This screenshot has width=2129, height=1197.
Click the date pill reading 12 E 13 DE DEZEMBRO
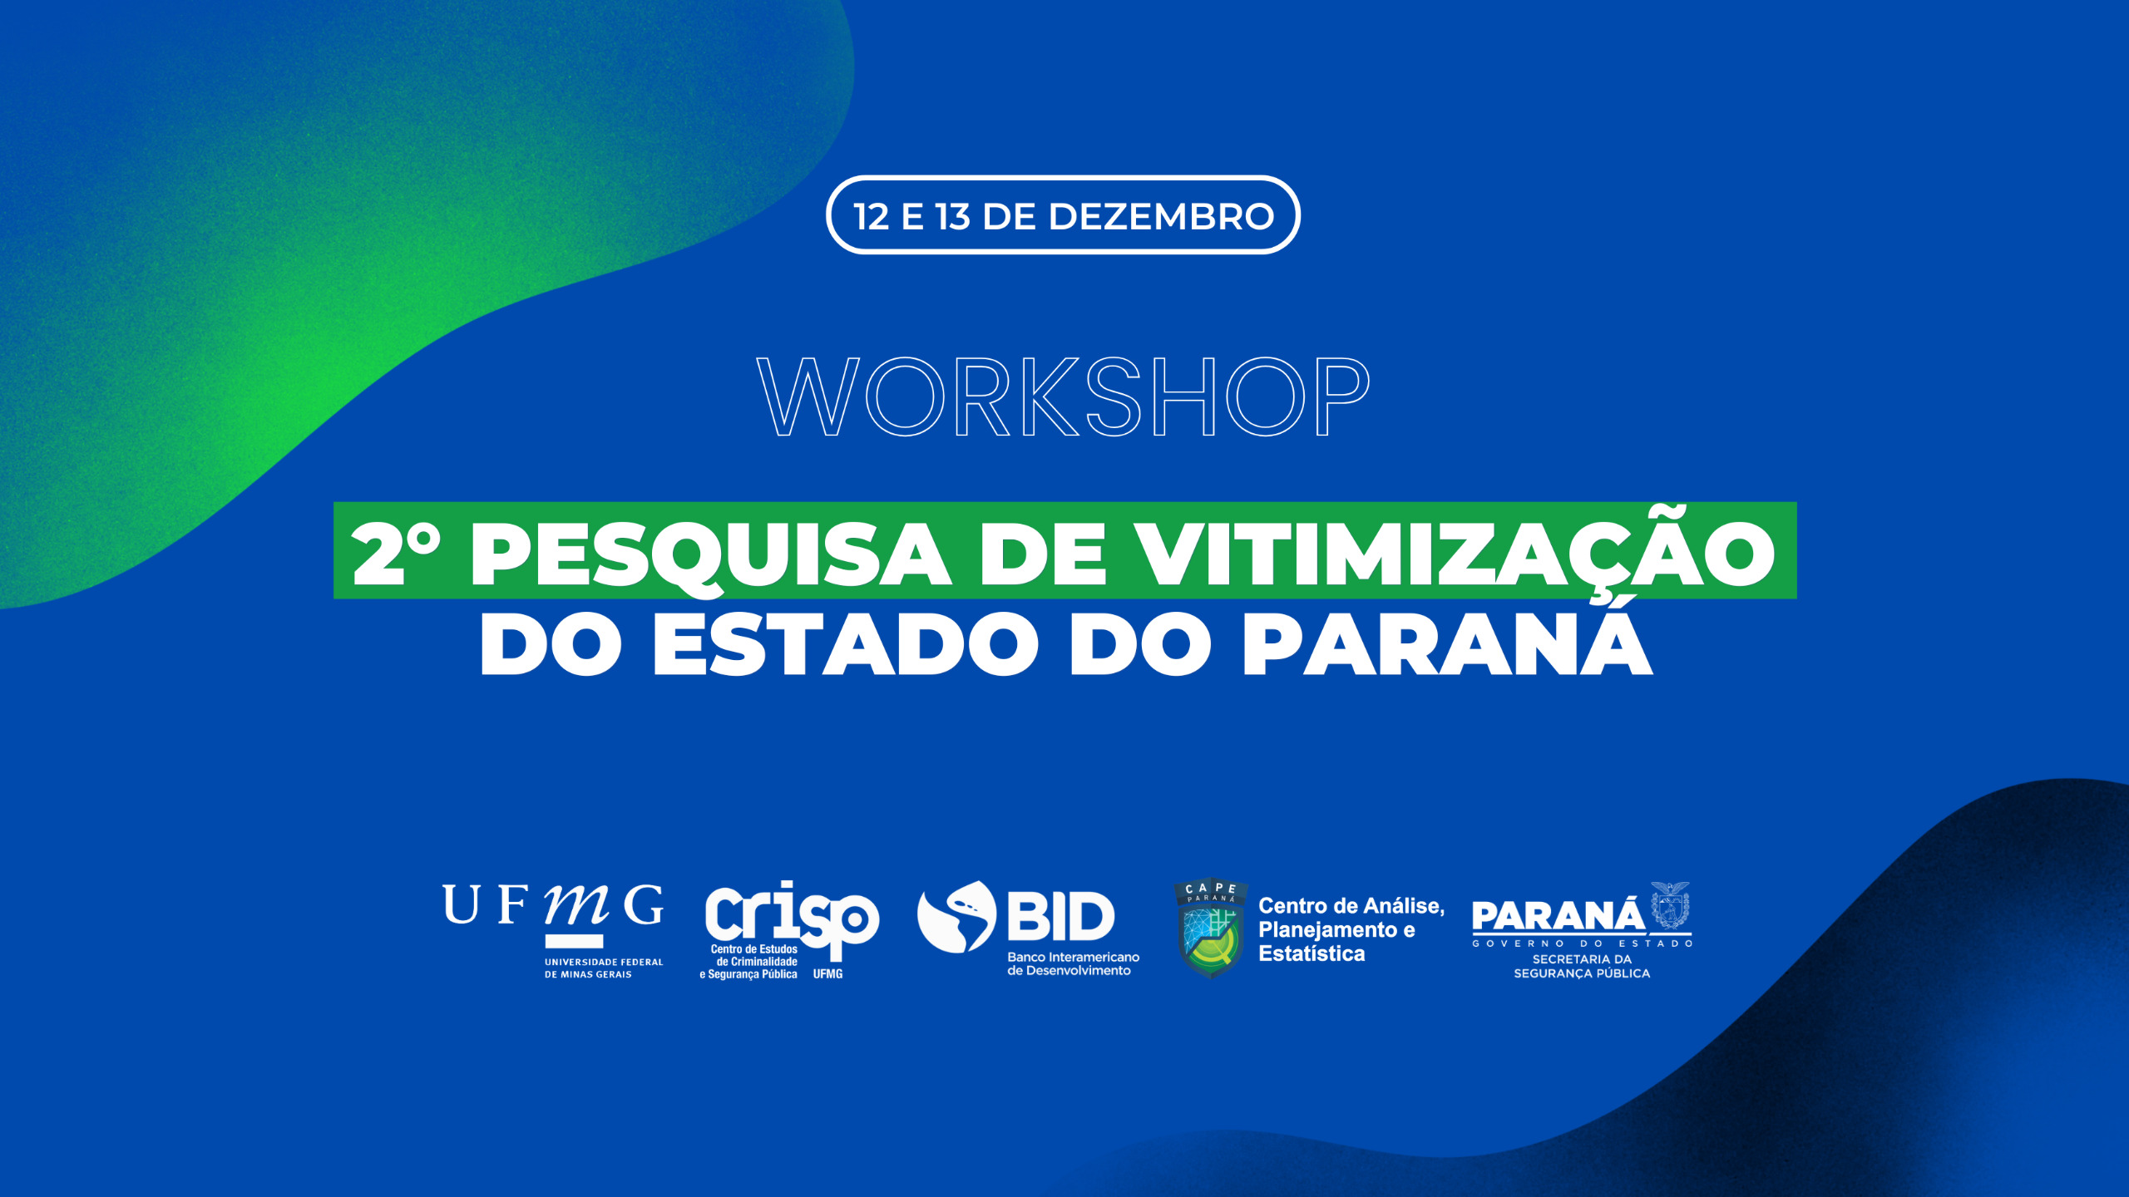pyautogui.click(x=1063, y=215)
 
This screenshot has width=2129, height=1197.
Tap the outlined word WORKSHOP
pyautogui.click(x=1064, y=397)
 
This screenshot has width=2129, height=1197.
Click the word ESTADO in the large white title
pyautogui.click(x=846, y=645)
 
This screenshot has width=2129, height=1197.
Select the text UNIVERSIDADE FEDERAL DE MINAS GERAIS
pyautogui.click(x=604, y=968)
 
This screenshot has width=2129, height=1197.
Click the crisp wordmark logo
pyautogui.click(x=792, y=918)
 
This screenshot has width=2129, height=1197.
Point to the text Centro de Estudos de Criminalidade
pyautogui.click(x=755, y=955)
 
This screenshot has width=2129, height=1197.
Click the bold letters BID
pyautogui.click(x=1061, y=916)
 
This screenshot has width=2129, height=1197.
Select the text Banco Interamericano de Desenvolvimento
pyautogui.click(x=1073, y=963)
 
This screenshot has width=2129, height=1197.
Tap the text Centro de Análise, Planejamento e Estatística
pyautogui.click(x=1351, y=929)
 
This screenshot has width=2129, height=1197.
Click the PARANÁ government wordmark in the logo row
pyautogui.click(x=1558, y=916)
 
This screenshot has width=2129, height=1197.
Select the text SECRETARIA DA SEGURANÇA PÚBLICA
pyautogui.click(x=1582, y=966)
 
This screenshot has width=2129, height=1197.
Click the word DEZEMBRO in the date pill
pyautogui.click(x=1161, y=216)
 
